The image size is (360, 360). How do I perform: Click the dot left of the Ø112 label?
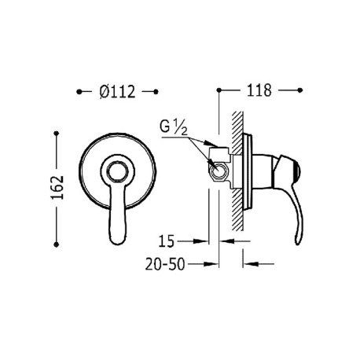click(x=79, y=91)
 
